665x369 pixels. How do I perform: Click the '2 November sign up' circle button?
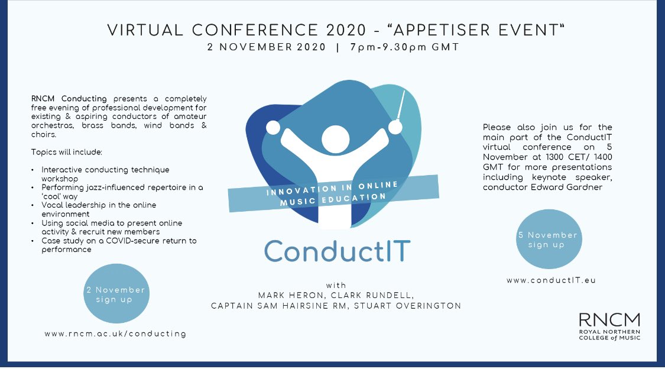[115, 294]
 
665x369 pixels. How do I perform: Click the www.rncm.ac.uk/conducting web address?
[115, 334]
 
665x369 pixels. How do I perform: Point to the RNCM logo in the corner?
[609, 327]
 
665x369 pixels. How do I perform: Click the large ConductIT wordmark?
[337, 251]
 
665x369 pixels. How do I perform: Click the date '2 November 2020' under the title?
[266, 48]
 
